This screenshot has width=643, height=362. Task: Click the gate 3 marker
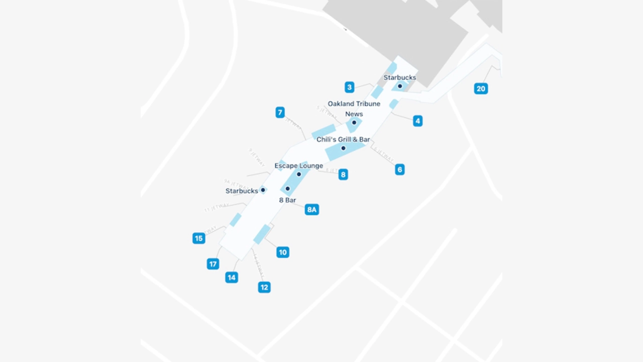tap(350, 87)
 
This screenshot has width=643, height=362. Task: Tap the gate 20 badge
tap(481, 88)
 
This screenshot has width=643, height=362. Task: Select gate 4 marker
tap(417, 121)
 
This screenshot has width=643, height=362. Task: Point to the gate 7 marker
tap(280, 113)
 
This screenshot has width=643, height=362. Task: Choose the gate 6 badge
tap(400, 169)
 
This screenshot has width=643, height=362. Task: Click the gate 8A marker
tap(312, 210)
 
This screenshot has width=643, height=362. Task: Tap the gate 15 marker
tap(199, 238)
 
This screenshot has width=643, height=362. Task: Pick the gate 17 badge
tap(213, 264)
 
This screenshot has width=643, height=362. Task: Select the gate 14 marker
tap(232, 277)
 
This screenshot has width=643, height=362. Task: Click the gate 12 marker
tap(264, 287)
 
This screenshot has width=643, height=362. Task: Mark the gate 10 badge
tap(283, 252)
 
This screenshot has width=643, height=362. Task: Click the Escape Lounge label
tap(299, 166)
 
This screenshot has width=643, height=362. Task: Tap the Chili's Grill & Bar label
tap(343, 139)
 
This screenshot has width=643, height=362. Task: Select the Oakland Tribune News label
tap(354, 109)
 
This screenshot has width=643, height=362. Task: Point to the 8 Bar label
tap(287, 200)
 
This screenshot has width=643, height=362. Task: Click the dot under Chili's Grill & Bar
tap(343, 148)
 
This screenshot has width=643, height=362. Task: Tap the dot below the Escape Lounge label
tap(299, 174)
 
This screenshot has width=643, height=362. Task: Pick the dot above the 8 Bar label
tap(287, 189)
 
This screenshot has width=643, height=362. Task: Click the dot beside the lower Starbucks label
tap(263, 190)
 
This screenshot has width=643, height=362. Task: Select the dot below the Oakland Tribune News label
tap(354, 122)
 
